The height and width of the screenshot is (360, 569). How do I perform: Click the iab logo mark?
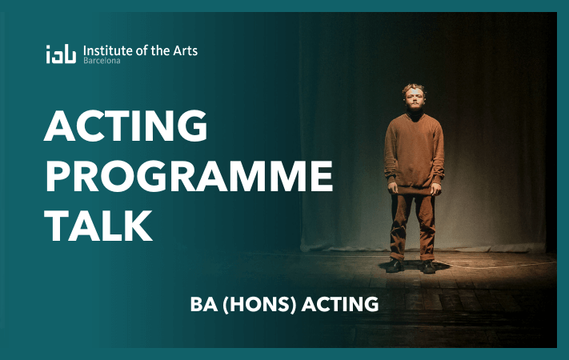pyautogui.click(x=61, y=54)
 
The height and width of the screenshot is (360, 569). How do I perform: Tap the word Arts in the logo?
pyautogui.click(x=185, y=50)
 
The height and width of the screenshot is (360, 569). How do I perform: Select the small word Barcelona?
pyautogui.click(x=102, y=61)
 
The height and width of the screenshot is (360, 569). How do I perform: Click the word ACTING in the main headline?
pyautogui.click(x=126, y=126)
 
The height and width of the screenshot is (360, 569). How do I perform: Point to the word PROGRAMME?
pyautogui.click(x=189, y=176)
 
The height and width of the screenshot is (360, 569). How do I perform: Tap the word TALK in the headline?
pyautogui.click(x=98, y=226)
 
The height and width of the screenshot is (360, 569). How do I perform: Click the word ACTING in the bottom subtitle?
pyautogui.click(x=340, y=304)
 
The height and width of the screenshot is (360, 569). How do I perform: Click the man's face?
pyautogui.click(x=414, y=100)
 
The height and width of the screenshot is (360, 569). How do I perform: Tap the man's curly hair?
pyautogui.click(x=414, y=90)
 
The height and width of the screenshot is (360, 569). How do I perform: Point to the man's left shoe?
pyautogui.click(x=428, y=266)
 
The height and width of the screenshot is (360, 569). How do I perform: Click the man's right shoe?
pyautogui.click(x=395, y=266)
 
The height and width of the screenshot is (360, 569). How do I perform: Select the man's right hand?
pyautogui.click(x=393, y=188)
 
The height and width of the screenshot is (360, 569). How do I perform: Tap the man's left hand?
pyautogui.click(x=436, y=189)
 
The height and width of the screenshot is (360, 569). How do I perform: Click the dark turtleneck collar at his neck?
pyautogui.click(x=415, y=114)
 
